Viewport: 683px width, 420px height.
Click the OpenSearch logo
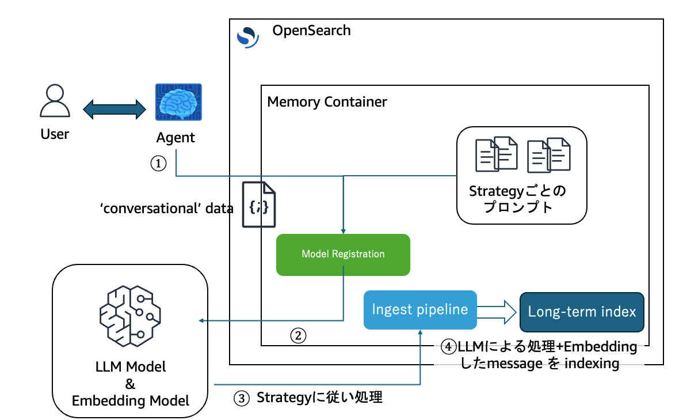point(247,36)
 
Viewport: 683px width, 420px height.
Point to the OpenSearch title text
point(311,31)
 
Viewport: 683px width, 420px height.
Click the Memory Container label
point(327,103)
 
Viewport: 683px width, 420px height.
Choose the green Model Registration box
point(343,254)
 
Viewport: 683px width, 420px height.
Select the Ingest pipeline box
point(420,309)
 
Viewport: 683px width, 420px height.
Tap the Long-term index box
point(582,312)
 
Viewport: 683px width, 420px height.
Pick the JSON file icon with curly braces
point(258,205)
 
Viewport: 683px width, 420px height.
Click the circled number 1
point(158,164)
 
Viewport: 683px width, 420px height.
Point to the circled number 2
point(298,335)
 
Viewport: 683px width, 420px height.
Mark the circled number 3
point(241,398)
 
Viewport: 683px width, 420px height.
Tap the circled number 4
point(449,347)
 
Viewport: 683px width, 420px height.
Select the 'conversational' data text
point(166,209)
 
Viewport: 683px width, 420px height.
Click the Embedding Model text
point(131,400)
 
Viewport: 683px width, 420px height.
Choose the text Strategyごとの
point(521,191)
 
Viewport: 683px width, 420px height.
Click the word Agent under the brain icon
point(175,138)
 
